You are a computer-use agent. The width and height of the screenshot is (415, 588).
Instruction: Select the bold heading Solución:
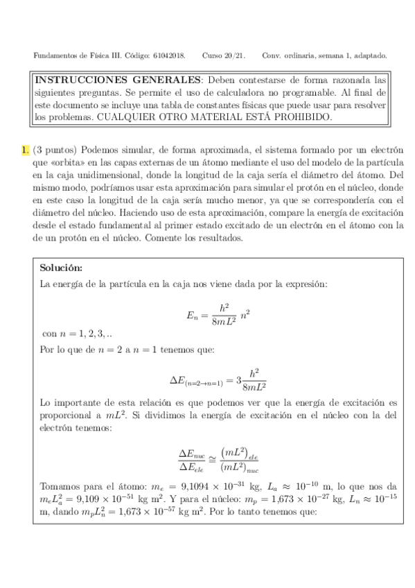(x=61, y=268)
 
